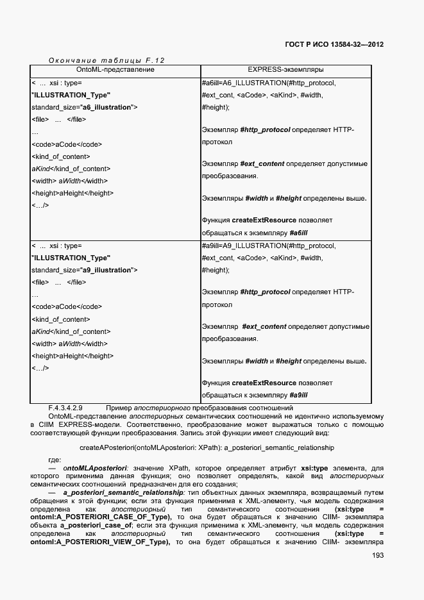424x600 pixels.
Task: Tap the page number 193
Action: pyautogui.click(x=377, y=556)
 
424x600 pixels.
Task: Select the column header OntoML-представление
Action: pyautogui.click(x=115, y=69)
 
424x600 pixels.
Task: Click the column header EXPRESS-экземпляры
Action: pyautogui.click(x=285, y=69)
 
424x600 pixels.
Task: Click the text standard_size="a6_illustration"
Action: pyautogui.click(x=84, y=107)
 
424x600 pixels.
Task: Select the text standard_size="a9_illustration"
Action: pyautogui.click(x=84, y=270)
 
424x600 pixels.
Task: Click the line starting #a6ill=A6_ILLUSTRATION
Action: pyautogui.click(x=268, y=83)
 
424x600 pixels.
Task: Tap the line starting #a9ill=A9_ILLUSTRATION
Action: pyautogui.click(x=268, y=246)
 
